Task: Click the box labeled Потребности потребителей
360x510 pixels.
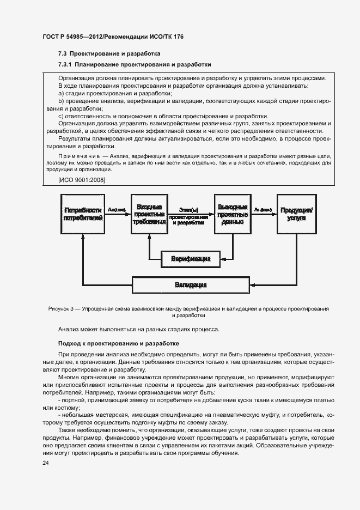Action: (x=83, y=215)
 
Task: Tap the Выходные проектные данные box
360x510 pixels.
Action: (x=233, y=215)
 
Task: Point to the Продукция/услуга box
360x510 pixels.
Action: (x=296, y=215)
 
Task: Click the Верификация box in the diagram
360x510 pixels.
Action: (x=191, y=259)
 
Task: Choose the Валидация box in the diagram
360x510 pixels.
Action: (x=191, y=284)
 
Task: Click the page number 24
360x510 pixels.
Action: (x=46, y=463)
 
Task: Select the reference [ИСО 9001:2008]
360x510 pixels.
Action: (x=81, y=180)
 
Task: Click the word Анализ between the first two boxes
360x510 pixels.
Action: (x=117, y=209)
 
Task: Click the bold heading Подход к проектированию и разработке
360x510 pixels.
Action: (x=115, y=344)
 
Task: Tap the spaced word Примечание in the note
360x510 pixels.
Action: (x=80, y=156)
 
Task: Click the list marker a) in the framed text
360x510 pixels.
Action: (x=61, y=93)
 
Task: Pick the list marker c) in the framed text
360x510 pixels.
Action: (x=61, y=116)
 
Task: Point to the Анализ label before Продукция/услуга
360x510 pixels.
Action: (x=263, y=209)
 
